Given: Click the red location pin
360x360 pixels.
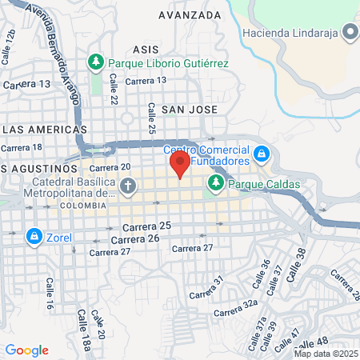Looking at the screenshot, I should (179, 165).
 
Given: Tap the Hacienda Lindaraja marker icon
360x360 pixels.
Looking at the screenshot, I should (349, 33).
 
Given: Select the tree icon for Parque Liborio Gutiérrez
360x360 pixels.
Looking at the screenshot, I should (96, 62).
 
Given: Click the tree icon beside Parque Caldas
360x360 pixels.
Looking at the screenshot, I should (214, 185).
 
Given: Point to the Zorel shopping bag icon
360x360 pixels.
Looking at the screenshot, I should (34, 236).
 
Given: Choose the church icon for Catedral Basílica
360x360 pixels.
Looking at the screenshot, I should (128, 186).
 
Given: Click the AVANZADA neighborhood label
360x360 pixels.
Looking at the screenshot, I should (190, 15).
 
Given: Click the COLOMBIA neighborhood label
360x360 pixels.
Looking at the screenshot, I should (82, 205).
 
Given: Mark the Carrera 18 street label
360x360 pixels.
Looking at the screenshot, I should (22, 147).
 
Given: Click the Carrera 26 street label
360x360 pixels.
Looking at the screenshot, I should (135, 239).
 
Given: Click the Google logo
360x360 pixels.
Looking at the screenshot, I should (26, 350).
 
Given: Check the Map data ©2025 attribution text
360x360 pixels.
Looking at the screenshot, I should (325, 354).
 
